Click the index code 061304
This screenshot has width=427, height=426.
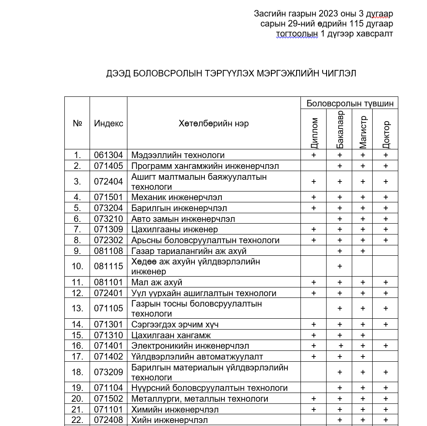[108, 155]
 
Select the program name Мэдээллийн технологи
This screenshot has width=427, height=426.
[178, 155]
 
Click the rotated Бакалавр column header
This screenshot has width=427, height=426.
[340, 129]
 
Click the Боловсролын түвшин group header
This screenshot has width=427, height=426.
[350, 103]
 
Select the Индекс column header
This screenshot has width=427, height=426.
[108, 123]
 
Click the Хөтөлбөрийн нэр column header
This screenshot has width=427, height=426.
[213, 123]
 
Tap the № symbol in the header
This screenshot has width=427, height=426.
[77, 123]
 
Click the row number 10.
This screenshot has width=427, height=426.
[77, 266]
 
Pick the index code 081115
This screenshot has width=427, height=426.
[108, 266]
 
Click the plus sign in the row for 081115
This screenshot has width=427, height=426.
[340, 266]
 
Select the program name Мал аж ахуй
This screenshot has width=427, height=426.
[157, 283]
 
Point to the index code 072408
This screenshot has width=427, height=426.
[108, 420]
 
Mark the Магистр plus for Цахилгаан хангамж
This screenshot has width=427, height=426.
[363, 336]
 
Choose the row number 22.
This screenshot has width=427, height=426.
[77, 420]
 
